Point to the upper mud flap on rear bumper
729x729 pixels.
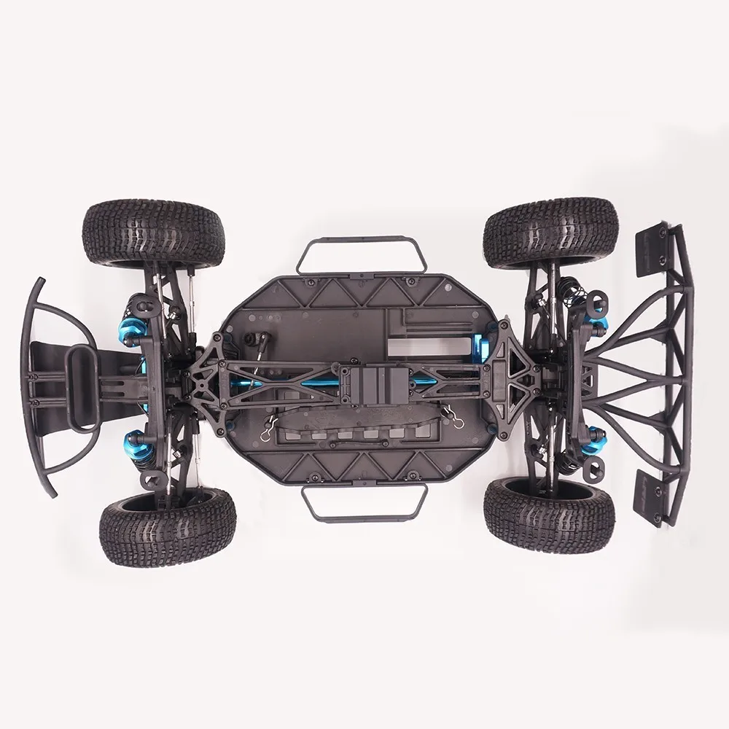653,252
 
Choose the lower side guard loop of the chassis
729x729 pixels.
364,503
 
